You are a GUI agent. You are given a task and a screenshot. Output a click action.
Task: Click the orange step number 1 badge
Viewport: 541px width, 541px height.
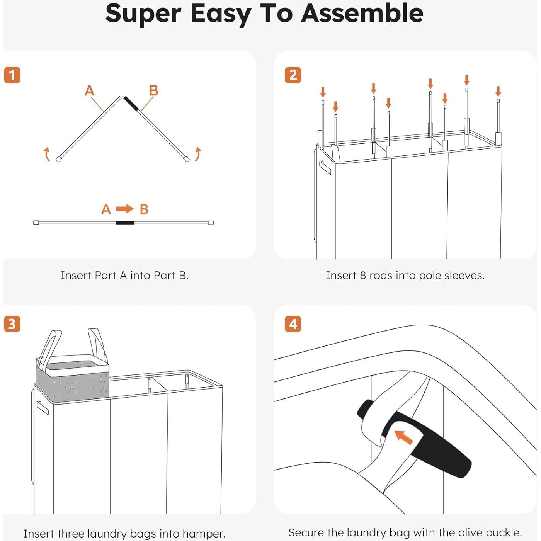point(12,75)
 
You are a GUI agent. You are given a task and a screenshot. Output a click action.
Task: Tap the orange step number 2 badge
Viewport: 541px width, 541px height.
point(293,75)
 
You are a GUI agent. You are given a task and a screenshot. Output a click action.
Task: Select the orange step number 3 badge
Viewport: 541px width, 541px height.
point(12,324)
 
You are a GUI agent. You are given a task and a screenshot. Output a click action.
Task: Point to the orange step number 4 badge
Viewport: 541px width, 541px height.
point(293,324)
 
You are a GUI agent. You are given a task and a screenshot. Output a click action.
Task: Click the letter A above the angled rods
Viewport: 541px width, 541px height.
point(89,90)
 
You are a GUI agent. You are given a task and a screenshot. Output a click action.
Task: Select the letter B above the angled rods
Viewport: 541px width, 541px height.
point(153,90)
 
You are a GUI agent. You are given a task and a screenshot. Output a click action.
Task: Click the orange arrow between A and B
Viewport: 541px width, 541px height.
point(125,209)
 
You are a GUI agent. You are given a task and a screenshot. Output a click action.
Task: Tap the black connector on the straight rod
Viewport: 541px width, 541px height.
point(125,223)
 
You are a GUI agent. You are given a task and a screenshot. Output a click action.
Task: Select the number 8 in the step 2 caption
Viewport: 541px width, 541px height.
point(363,276)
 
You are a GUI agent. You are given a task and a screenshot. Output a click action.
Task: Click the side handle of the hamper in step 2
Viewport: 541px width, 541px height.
point(325,167)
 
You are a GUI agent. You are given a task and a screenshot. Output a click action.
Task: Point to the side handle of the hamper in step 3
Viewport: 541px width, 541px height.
point(43,408)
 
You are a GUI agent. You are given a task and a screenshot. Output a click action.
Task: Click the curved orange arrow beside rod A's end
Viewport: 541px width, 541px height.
point(47,154)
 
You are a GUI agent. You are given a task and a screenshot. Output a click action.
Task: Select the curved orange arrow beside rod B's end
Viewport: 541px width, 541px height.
point(198,154)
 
